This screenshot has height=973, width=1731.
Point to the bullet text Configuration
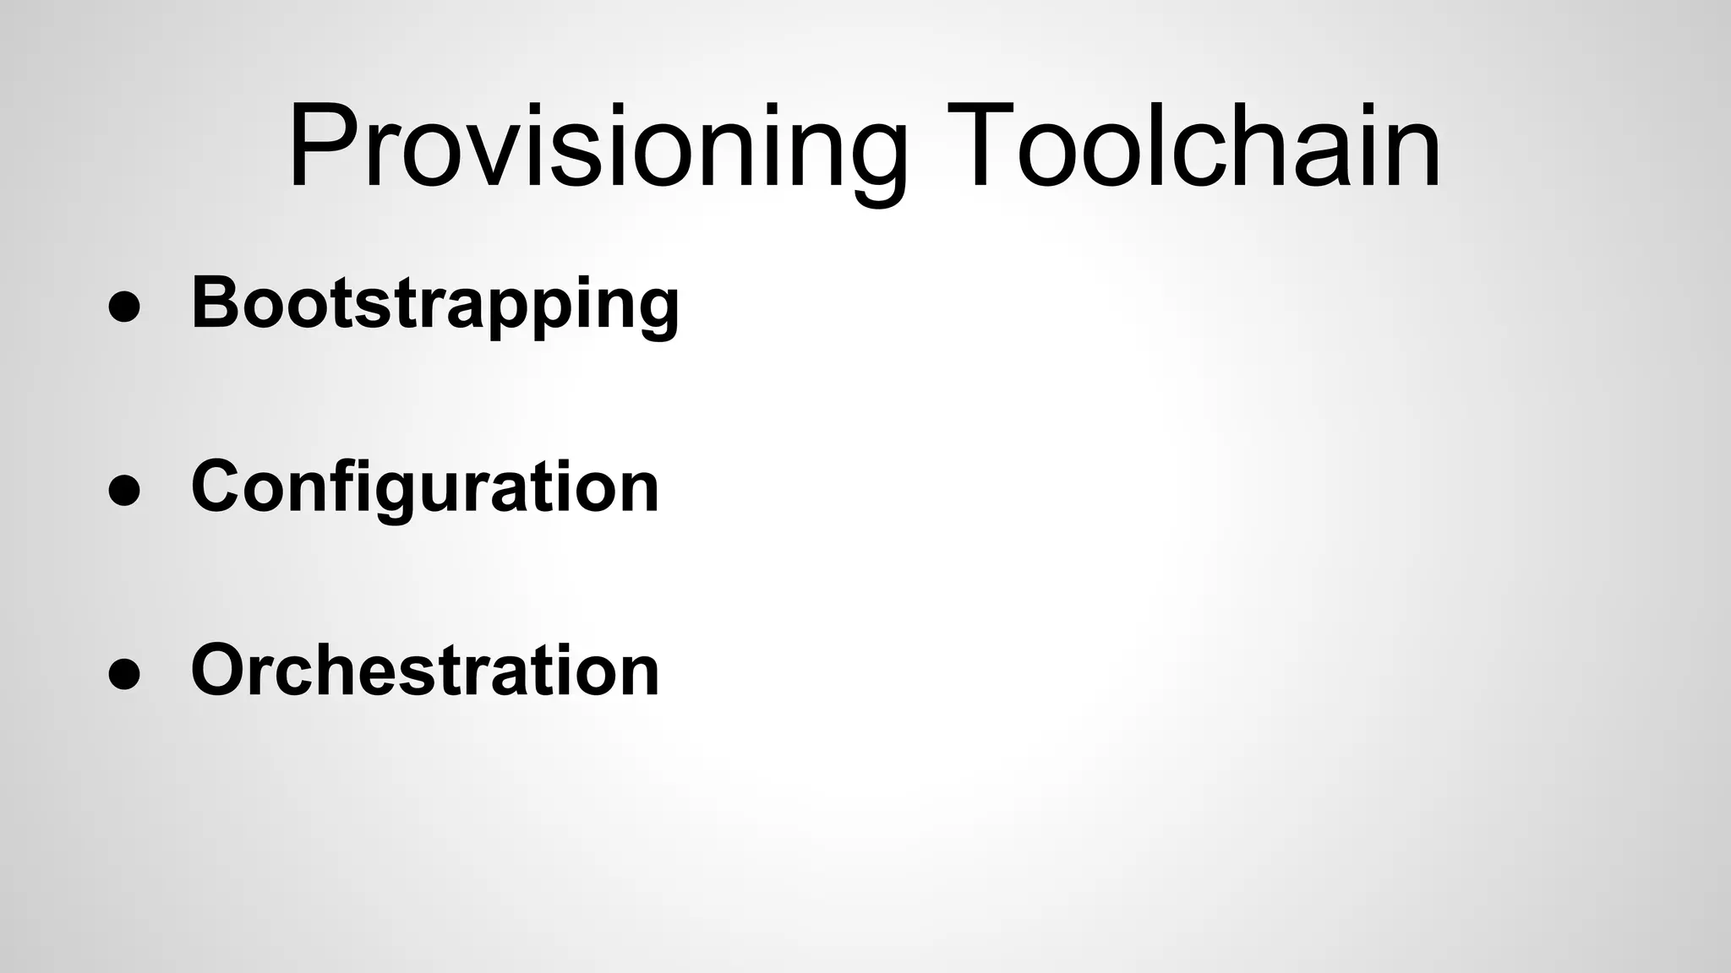pyautogui.click(x=424, y=486)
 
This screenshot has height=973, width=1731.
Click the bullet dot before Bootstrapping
pyautogui.click(x=124, y=307)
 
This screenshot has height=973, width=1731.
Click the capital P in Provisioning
pyautogui.click(x=325, y=145)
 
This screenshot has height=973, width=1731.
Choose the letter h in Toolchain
pyautogui.click(x=1264, y=145)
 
